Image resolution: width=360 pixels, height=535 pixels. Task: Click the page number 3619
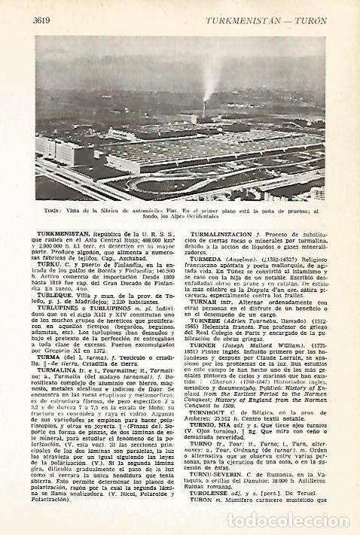click(44, 20)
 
